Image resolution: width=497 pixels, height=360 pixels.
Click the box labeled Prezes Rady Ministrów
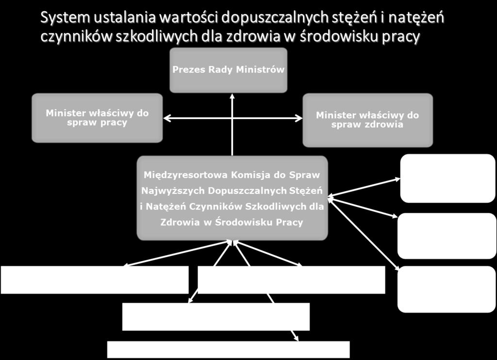pyautogui.click(x=228, y=70)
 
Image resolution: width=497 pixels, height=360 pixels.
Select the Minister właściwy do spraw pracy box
pyautogui.click(x=97, y=118)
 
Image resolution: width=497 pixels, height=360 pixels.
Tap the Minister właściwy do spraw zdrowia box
pyautogui.click(x=368, y=120)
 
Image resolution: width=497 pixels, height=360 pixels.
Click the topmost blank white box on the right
pyautogui.click(x=447, y=178)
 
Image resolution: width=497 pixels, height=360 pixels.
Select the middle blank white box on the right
pyautogui.click(x=447, y=236)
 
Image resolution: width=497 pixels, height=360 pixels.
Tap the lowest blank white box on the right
pyautogui.click(x=447, y=289)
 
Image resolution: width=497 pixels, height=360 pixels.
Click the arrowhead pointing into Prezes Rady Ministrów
pyautogui.click(x=232, y=96)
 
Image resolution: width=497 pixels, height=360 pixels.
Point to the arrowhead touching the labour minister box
pyautogui.click(x=167, y=119)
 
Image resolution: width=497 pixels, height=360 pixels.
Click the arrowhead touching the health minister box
pyautogui.click(x=298, y=119)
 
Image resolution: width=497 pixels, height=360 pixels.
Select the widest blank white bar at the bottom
pyautogui.click(x=228, y=349)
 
